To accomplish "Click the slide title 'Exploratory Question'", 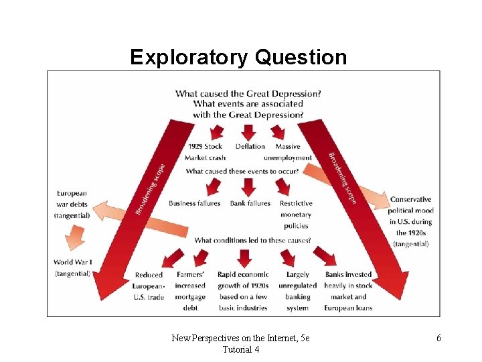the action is [238, 58].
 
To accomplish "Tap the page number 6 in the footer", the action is [438, 339].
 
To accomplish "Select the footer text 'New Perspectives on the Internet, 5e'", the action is [240, 339].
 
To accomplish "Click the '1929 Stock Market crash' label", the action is [205, 152].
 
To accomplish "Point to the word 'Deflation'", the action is [250, 146].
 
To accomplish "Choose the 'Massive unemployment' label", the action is [288, 152].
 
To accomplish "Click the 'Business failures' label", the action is [194, 203].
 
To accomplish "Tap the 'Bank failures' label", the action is [250, 203].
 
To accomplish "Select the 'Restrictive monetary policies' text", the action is [296, 215].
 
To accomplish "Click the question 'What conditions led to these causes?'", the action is [252, 240].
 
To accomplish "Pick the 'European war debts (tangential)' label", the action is [72, 204].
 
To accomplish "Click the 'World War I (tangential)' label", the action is [73, 267].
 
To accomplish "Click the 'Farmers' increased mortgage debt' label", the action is [191, 291].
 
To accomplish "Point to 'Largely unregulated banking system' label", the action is [297, 291].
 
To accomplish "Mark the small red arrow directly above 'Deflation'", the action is [248, 130].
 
